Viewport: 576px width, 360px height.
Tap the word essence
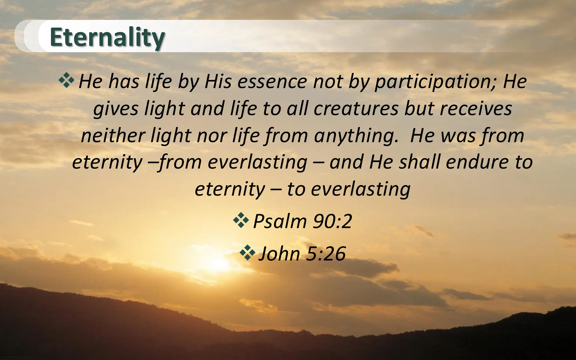[272, 82]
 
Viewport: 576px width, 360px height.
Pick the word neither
[112, 136]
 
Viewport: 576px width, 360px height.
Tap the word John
[279, 254]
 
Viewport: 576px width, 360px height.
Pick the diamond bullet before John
[247, 252]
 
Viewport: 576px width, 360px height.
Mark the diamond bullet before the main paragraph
[66, 80]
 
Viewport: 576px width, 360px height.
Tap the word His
[218, 82]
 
